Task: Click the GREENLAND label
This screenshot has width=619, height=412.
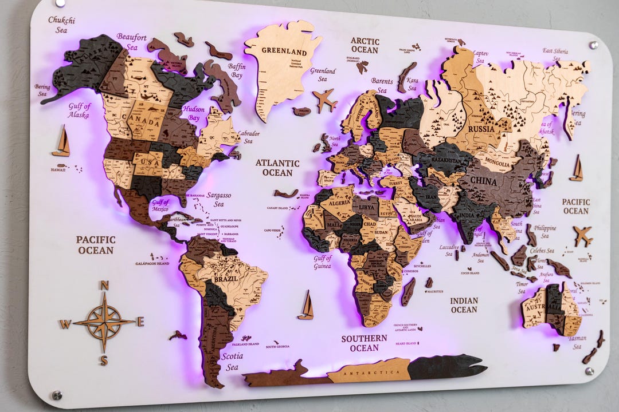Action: (x=284, y=50)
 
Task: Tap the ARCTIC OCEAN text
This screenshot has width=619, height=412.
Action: (x=365, y=45)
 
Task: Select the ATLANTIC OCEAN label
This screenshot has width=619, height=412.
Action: (x=277, y=168)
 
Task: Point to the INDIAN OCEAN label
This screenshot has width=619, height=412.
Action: (x=464, y=305)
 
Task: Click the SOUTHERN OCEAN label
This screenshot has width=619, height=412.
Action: (x=364, y=343)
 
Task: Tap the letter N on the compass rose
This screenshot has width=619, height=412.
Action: (x=104, y=286)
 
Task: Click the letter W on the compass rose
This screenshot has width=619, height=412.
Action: (x=65, y=324)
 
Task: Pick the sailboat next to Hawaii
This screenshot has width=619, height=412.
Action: (x=61, y=141)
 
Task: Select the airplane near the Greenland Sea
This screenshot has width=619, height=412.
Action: (x=325, y=100)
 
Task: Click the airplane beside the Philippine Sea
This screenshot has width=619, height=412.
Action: (x=582, y=235)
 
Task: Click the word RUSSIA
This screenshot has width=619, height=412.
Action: (x=481, y=129)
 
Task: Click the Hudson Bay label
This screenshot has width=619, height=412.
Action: (x=194, y=113)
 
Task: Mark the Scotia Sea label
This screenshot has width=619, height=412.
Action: (x=232, y=361)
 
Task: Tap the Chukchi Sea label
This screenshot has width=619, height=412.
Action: (x=61, y=25)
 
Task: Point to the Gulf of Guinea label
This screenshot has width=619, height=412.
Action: (x=323, y=262)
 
